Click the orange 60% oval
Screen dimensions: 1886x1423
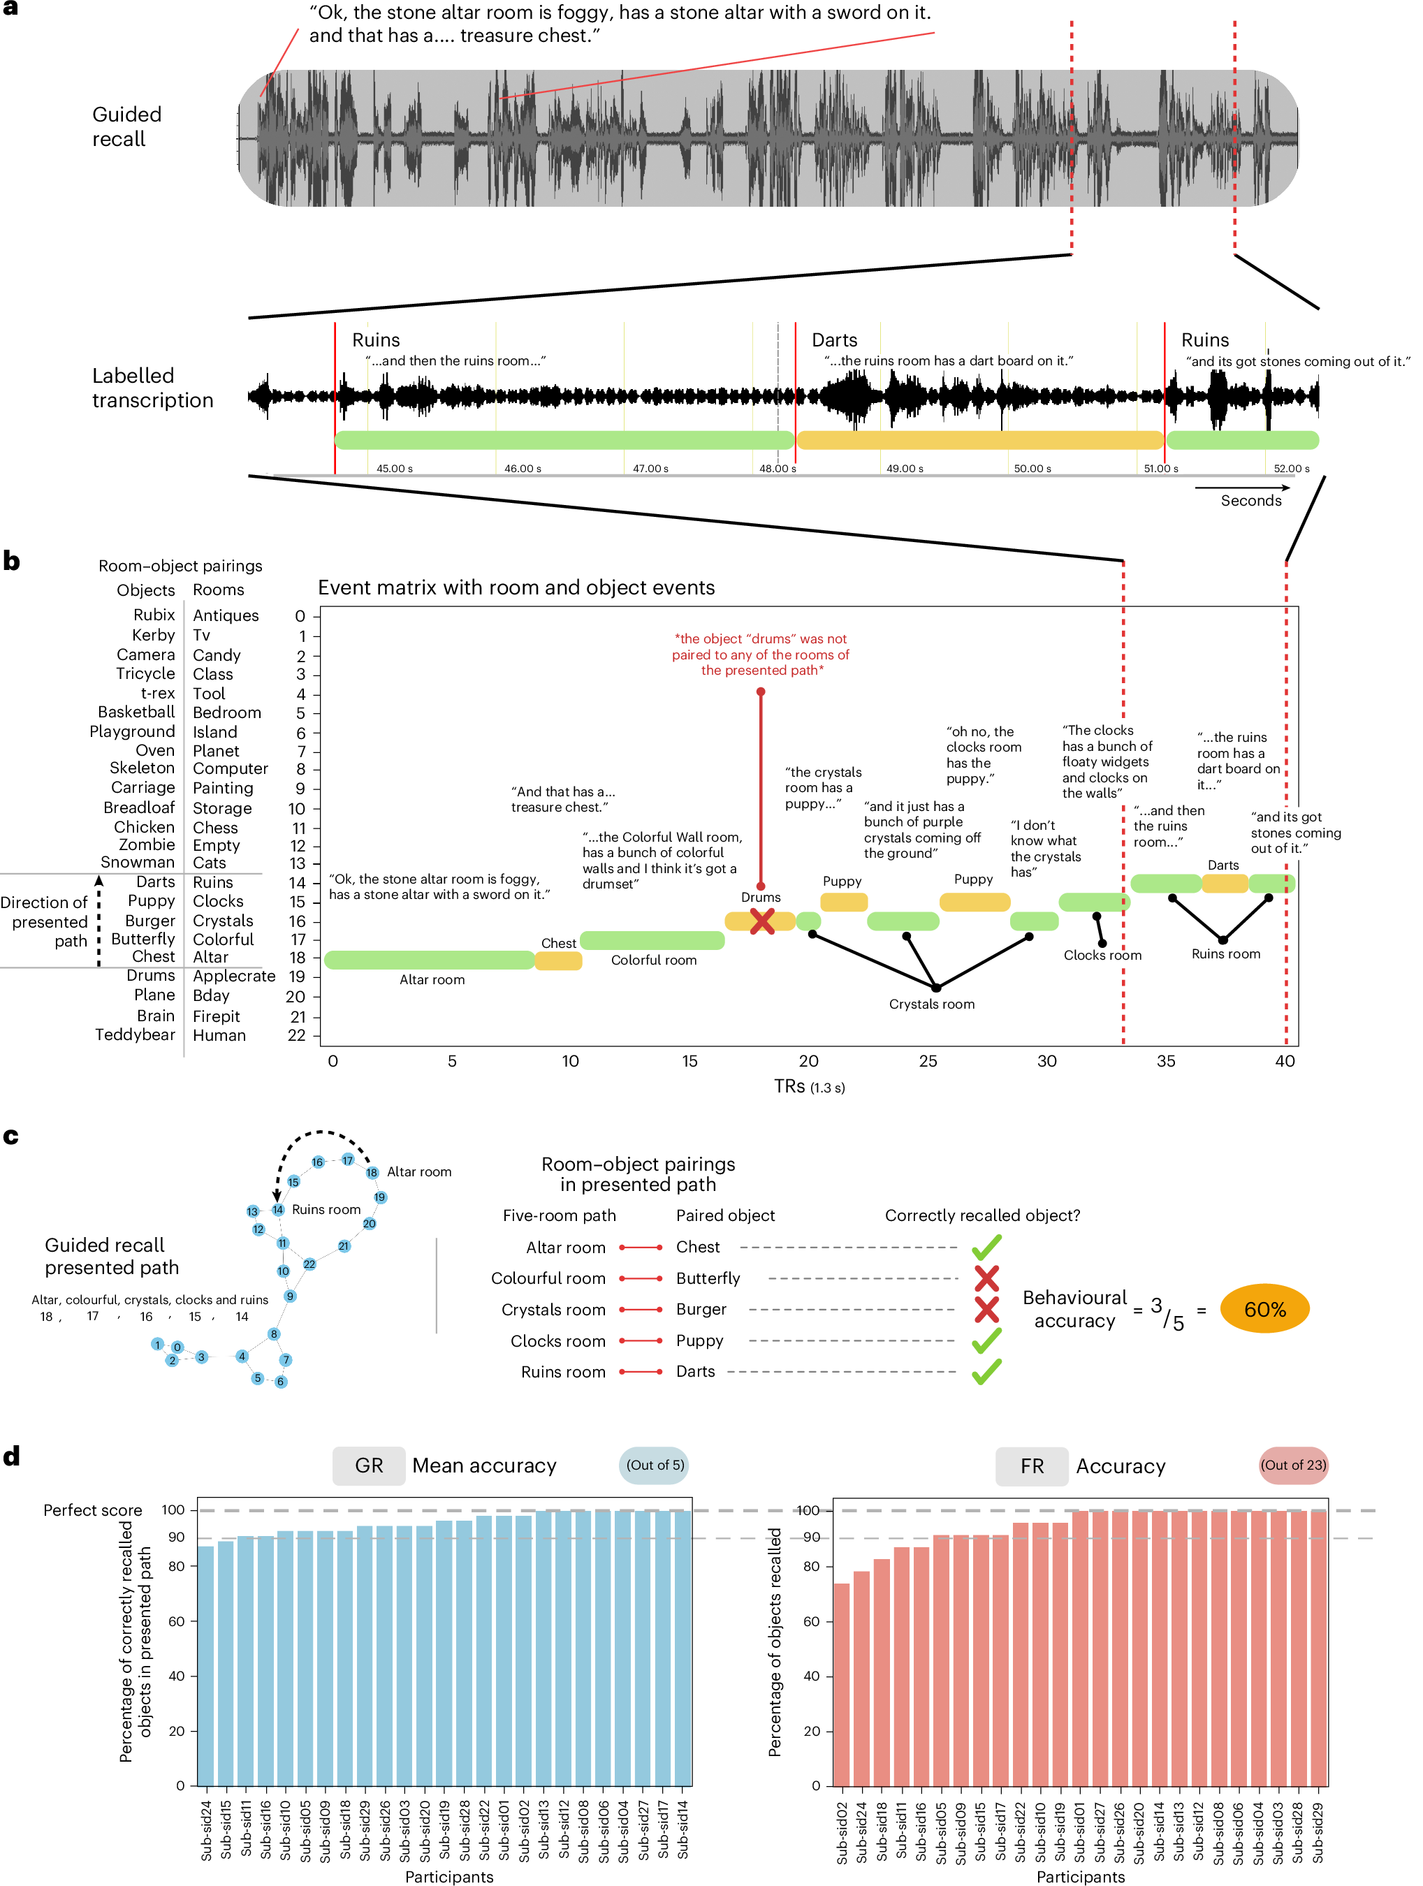1264,1309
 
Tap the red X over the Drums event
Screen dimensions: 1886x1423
761,921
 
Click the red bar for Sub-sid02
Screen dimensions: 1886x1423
840,1684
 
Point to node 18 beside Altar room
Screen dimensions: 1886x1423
372,1172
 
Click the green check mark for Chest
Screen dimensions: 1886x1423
986,1248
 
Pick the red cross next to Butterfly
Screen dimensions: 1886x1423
986,1278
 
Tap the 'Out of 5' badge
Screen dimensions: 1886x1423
654,1465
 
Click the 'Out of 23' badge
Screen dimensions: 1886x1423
1292,1465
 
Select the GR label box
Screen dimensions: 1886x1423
368,1465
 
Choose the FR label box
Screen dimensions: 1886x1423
1031,1465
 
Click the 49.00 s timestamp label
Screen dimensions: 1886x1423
904,469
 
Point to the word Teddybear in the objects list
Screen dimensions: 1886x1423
135,1035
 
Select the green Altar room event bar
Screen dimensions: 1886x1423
429,960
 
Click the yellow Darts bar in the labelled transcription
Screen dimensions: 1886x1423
979,440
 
